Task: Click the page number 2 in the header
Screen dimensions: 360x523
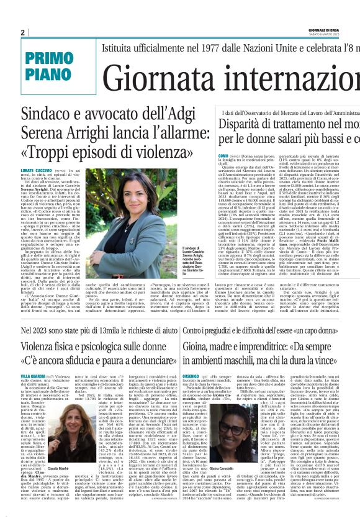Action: [22, 33]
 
